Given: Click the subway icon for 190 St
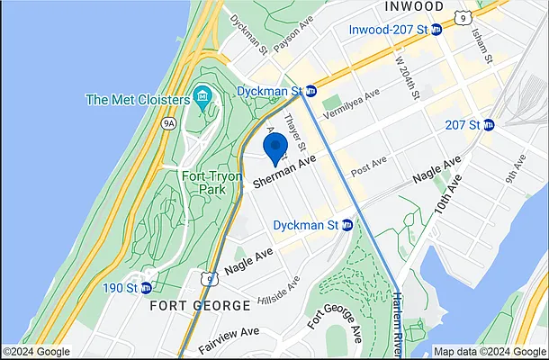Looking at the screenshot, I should [146, 288].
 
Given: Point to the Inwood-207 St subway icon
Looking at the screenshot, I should [436, 30].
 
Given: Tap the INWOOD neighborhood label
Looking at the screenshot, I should [415, 7].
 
